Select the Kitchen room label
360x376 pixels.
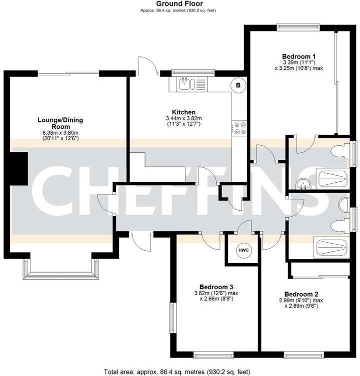(x=183, y=112)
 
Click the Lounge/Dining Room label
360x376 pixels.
(x=60, y=123)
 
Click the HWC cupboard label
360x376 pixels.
(x=243, y=250)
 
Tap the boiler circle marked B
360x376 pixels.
(x=238, y=85)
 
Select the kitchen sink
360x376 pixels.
(x=185, y=84)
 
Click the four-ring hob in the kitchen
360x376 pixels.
(x=239, y=128)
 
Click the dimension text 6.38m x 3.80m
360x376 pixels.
(x=60, y=132)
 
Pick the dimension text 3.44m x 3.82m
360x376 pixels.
(x=183, y=118)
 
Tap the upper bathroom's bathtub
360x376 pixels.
(x=331, y=178)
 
